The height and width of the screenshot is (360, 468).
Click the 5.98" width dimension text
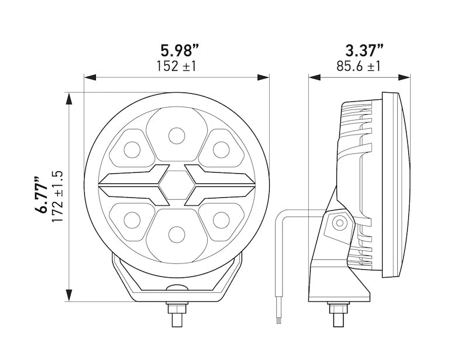[176, 50]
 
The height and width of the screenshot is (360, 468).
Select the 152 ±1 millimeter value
[176, 66]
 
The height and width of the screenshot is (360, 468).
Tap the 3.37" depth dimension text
[359, 50]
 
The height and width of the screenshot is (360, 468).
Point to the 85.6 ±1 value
[359, 66]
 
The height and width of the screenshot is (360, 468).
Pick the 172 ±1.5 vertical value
[57, 196]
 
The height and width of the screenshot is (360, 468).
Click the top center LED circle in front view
[177, 136]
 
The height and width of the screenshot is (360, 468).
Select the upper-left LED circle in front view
[132, 150]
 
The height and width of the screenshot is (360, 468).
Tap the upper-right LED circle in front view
[221, 150]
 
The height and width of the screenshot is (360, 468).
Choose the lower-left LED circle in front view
[132, 220]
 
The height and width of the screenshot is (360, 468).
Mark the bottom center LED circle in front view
[177, 234]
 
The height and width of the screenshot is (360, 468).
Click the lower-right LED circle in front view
[221, 220]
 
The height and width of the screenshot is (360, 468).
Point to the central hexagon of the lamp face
[177, 185]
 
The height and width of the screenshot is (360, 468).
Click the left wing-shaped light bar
[134, 185]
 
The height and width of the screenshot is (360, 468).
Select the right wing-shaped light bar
[219, 185]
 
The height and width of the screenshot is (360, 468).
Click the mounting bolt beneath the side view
[338, 314]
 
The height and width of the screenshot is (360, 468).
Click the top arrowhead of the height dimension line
[69, 98]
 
